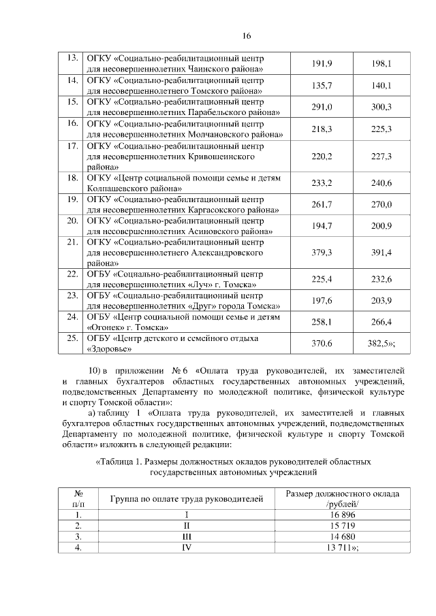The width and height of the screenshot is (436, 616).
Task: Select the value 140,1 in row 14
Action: click(x=380, y=86)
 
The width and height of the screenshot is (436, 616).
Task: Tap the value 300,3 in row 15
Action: click(x=380, y=108)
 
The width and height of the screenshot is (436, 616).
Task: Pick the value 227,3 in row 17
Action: click(x=380, y=157)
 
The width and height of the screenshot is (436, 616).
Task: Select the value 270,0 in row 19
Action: click(x=380, y=205)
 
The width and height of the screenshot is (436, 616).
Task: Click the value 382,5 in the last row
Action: click(x=377, y=344)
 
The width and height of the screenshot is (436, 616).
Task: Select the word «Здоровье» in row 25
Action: click(x=110, y=349)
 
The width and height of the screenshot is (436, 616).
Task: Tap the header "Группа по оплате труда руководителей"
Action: click(x=187, y=500)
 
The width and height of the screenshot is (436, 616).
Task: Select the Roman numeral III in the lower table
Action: click(x=187, y=537)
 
